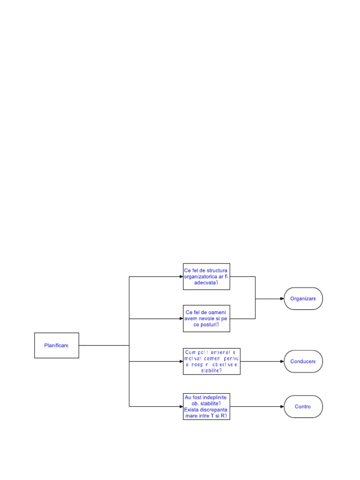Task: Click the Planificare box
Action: point(56,345)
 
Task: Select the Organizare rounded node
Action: point(303,299)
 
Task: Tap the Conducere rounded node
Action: point(303,361)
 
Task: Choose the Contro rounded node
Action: point(303,406)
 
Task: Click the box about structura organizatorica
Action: point(206,277)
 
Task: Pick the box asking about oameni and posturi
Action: point(206,319)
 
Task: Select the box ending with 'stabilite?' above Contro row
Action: point(211,361)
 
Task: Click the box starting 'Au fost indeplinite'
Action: point(206,406)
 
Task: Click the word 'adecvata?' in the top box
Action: point(206,283)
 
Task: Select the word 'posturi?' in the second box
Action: point(212,325)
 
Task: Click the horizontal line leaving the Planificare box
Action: point(103,345)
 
